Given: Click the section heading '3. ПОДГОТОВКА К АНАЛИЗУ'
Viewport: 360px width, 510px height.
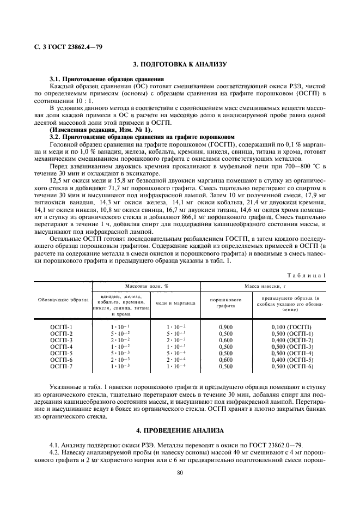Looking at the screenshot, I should click(180, 65).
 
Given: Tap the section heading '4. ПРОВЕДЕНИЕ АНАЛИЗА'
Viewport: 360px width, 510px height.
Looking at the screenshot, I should click(180, 416).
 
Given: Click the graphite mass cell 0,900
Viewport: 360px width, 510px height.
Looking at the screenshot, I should click(226, 327).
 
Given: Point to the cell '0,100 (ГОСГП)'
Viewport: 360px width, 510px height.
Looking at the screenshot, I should click(291, 327).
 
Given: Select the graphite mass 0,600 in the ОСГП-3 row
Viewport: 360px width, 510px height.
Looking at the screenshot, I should click(226, 340).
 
